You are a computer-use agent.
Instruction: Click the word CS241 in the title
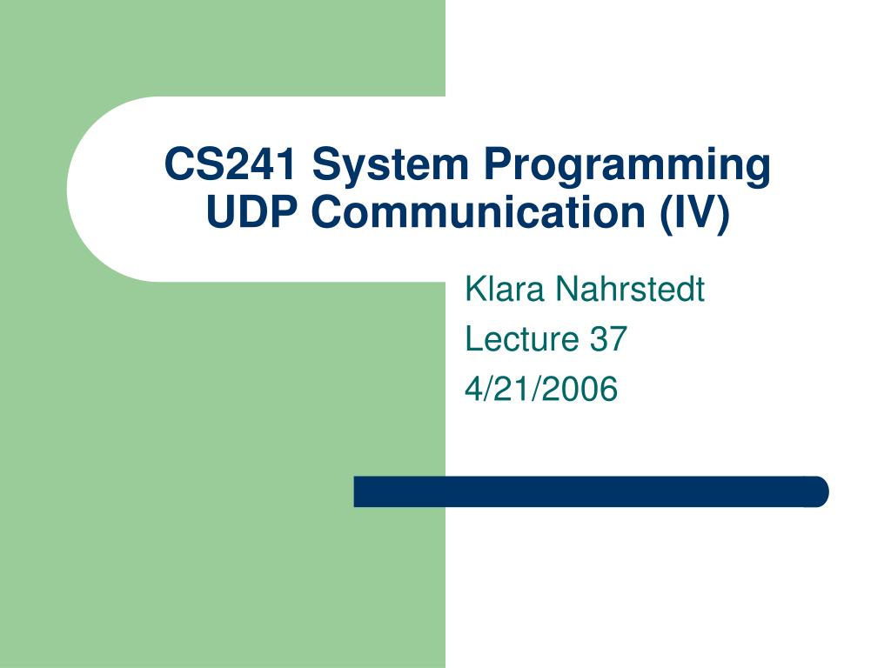pyautogui.click(x=231, y=164)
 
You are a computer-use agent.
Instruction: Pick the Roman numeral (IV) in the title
pyautogui.click(x=695, y=214)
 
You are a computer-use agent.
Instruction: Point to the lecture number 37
pyautogui.click(x=607, y=338)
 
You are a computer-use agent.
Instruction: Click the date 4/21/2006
pyautogui.click(x=541, y=389)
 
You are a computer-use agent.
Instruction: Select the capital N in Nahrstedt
pyautogui.click(x=566, y=289)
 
